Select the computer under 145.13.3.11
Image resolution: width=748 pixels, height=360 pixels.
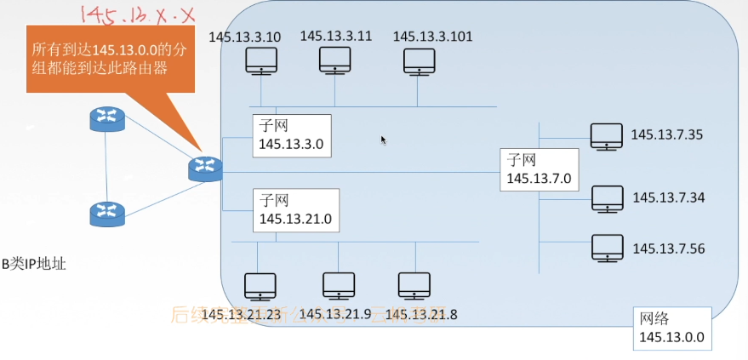[335, 60]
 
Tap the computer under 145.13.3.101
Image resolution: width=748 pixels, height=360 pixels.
[418, 61]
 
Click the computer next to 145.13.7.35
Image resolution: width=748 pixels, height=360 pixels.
[607, 136]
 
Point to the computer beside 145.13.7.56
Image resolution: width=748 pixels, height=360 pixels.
[608, 248]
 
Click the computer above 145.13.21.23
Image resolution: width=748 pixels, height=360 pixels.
[260, 287]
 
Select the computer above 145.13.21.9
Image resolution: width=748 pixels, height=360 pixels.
[338, 286]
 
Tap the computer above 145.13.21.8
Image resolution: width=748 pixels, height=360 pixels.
[414, 286]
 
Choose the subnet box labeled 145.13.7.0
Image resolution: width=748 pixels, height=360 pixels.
[539, 169]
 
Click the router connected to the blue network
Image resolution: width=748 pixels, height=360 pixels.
[205, 168]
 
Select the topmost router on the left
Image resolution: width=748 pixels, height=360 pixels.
[106, 119]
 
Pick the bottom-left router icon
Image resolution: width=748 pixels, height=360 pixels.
[106, 213]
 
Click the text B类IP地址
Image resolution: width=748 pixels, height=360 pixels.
[33, 265]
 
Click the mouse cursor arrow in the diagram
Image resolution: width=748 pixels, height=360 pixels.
[384, 140]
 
